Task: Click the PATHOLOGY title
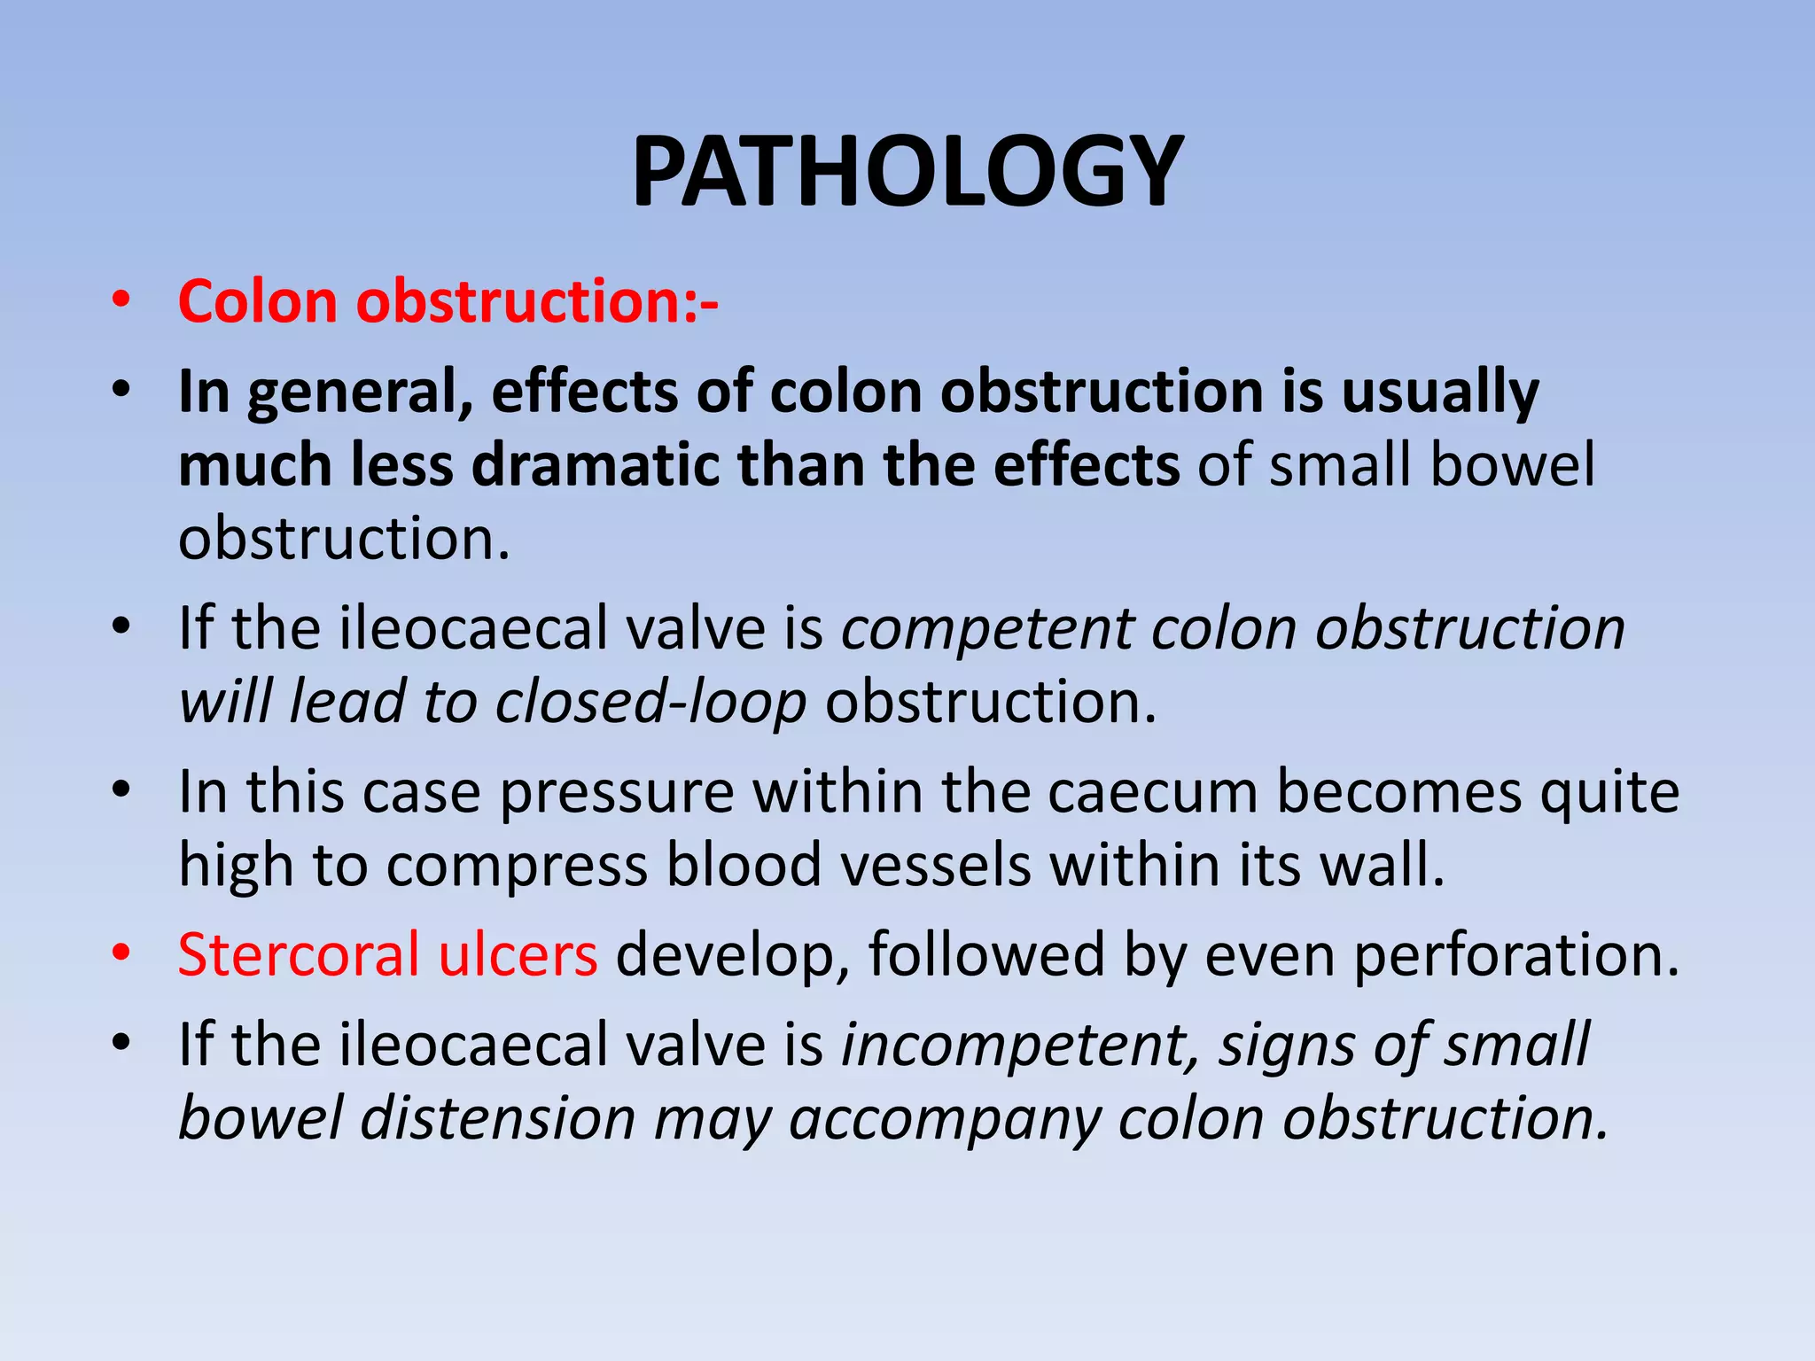point(907,171)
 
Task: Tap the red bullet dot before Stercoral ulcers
point(121,953)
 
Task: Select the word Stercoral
point(299,955)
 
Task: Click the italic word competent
point(986,629)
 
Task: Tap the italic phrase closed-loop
point(650,702)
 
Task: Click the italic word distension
point(498,1118)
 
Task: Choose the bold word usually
point(1440,393)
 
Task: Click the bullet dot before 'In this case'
point(121,788)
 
